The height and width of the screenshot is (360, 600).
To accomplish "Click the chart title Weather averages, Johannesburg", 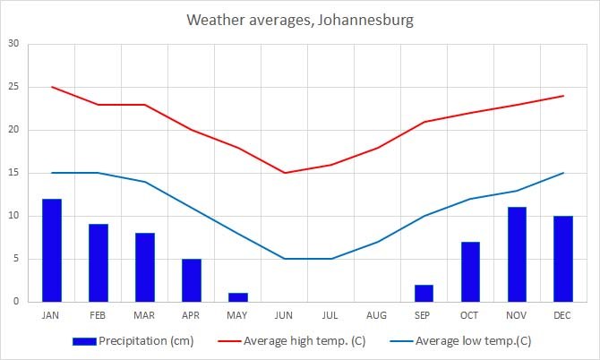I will [300, 20].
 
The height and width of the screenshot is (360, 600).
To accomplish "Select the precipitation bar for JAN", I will [52, 251].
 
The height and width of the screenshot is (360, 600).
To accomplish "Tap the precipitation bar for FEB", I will [99, 263].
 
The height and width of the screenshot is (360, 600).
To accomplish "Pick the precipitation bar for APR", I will [192, 280].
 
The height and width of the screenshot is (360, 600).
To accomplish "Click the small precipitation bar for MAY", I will [238, 297].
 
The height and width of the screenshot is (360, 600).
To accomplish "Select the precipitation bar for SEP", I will [424, 294].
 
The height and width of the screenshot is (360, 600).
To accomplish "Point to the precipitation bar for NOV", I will [518, 254].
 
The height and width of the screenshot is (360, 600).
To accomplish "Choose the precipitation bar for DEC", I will [563, 259].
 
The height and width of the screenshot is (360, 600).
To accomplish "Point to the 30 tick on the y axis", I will [13, 44].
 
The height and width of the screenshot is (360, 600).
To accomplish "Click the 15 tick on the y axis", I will [13, 173].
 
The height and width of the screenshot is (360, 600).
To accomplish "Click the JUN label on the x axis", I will [285, 315].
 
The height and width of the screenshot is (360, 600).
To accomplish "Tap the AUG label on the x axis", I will [378, 315].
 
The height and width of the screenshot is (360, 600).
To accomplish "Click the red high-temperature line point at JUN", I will [285, 173].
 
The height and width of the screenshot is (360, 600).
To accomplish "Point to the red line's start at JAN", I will [52, 87].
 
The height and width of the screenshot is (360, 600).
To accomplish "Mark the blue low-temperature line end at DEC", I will [563, 173].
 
